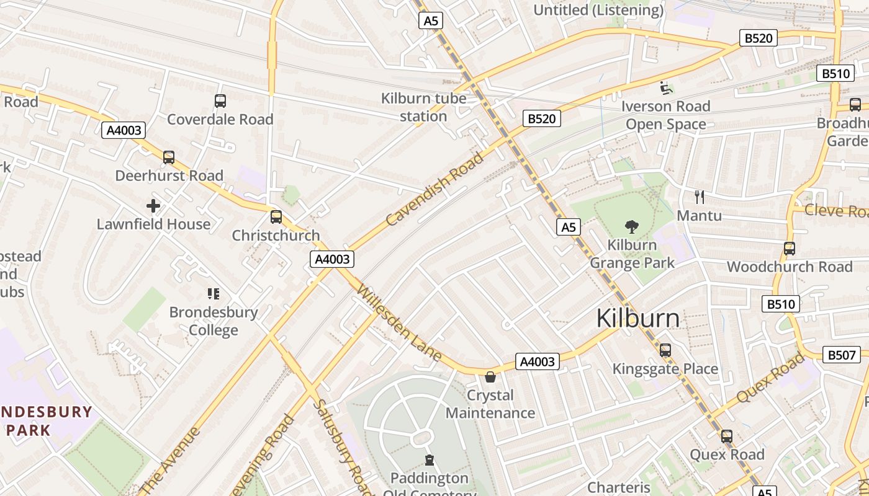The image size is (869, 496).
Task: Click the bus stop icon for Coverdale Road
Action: pyautogui.click(x=220, y=101)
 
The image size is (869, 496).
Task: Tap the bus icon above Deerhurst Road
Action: pyautogui.click(x=169, y=157)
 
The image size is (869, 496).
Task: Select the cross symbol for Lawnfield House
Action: pyautogui.click(x=153, y=206)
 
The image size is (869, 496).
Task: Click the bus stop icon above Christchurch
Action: pyautogui.click(x=276, y=217)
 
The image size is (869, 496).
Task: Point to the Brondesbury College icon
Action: pyautogui.click(x=214, y=294)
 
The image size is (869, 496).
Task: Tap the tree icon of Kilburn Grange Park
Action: pyautogui.click(x=632, y=226)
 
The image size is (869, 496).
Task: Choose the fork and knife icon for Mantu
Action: pyautogui.click(x=700, y=197)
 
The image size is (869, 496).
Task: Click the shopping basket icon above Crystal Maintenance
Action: pyautogui.click(x=490, y=377)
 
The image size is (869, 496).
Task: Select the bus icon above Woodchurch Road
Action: pyautogui.click(x=790, y=249)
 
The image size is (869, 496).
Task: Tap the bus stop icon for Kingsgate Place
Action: pyautogui.click(x=665, y=350)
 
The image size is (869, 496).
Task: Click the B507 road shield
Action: pyautogui.click(x=842, y=355)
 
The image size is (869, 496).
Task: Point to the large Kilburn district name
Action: pyautogui.click(x=637, y=318)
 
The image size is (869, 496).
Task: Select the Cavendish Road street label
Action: pyautogui.click(x=434, y=189)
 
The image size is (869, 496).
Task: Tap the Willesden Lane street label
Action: pyautogui.click(x=399, y=324)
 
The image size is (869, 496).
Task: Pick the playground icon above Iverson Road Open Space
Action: pyautogui.click(x=666, y=88)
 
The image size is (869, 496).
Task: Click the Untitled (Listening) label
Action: pyautogui.click(x=598, y=10)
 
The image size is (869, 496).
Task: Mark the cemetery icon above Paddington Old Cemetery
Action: pyautogui.click(x=429, y=460)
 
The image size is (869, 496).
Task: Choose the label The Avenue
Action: pyautogui.click(x=169, y=459)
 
